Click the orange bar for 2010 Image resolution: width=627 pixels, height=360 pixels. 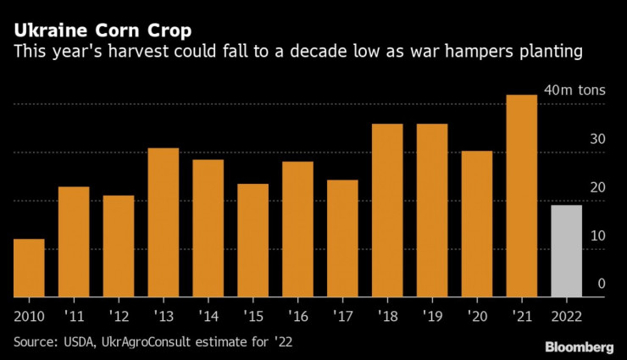click(x=29, y=269)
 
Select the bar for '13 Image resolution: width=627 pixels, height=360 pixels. click(x=164, y=223)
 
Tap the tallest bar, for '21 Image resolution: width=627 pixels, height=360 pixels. click(x=521, y=196)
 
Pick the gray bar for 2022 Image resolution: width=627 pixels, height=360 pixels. click(x=566, y=252)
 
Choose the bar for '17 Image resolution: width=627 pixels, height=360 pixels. click(x=342, y=239)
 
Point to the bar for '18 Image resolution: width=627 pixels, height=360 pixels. click(x=387, y=211)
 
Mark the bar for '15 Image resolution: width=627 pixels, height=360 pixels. click(x=252, y=241)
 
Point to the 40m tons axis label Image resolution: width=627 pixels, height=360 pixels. click(x=574, y=91)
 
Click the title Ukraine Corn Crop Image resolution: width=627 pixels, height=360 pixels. click(x=102, y=33)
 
